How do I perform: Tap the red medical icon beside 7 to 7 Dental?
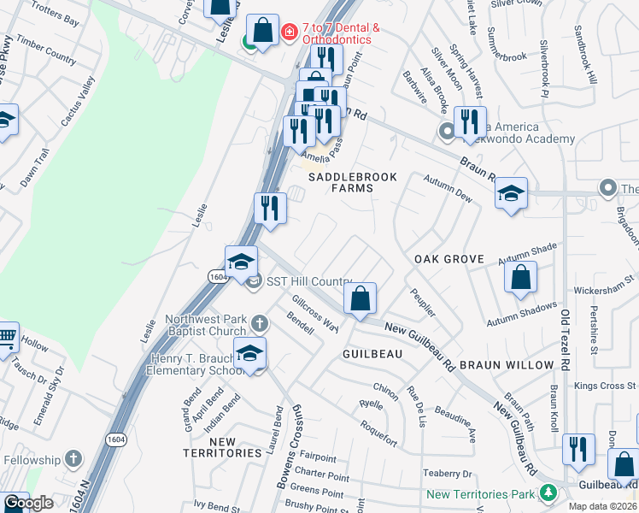click(289, 32)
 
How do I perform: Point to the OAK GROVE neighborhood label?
click(448, 259)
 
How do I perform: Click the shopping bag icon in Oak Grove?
click(520, 278)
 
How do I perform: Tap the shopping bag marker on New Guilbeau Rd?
click(361, 299)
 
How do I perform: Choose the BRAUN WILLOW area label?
click(507, 365)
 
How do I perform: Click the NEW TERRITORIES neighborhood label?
click(222, 447)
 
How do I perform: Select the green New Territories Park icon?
click(547, 494)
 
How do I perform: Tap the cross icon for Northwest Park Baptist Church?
click(261, 323)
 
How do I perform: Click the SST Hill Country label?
click(308, 282)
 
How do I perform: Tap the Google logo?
click(27, 503)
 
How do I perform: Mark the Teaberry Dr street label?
click(447, 473)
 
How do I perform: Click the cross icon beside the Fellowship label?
click(73, 459)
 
